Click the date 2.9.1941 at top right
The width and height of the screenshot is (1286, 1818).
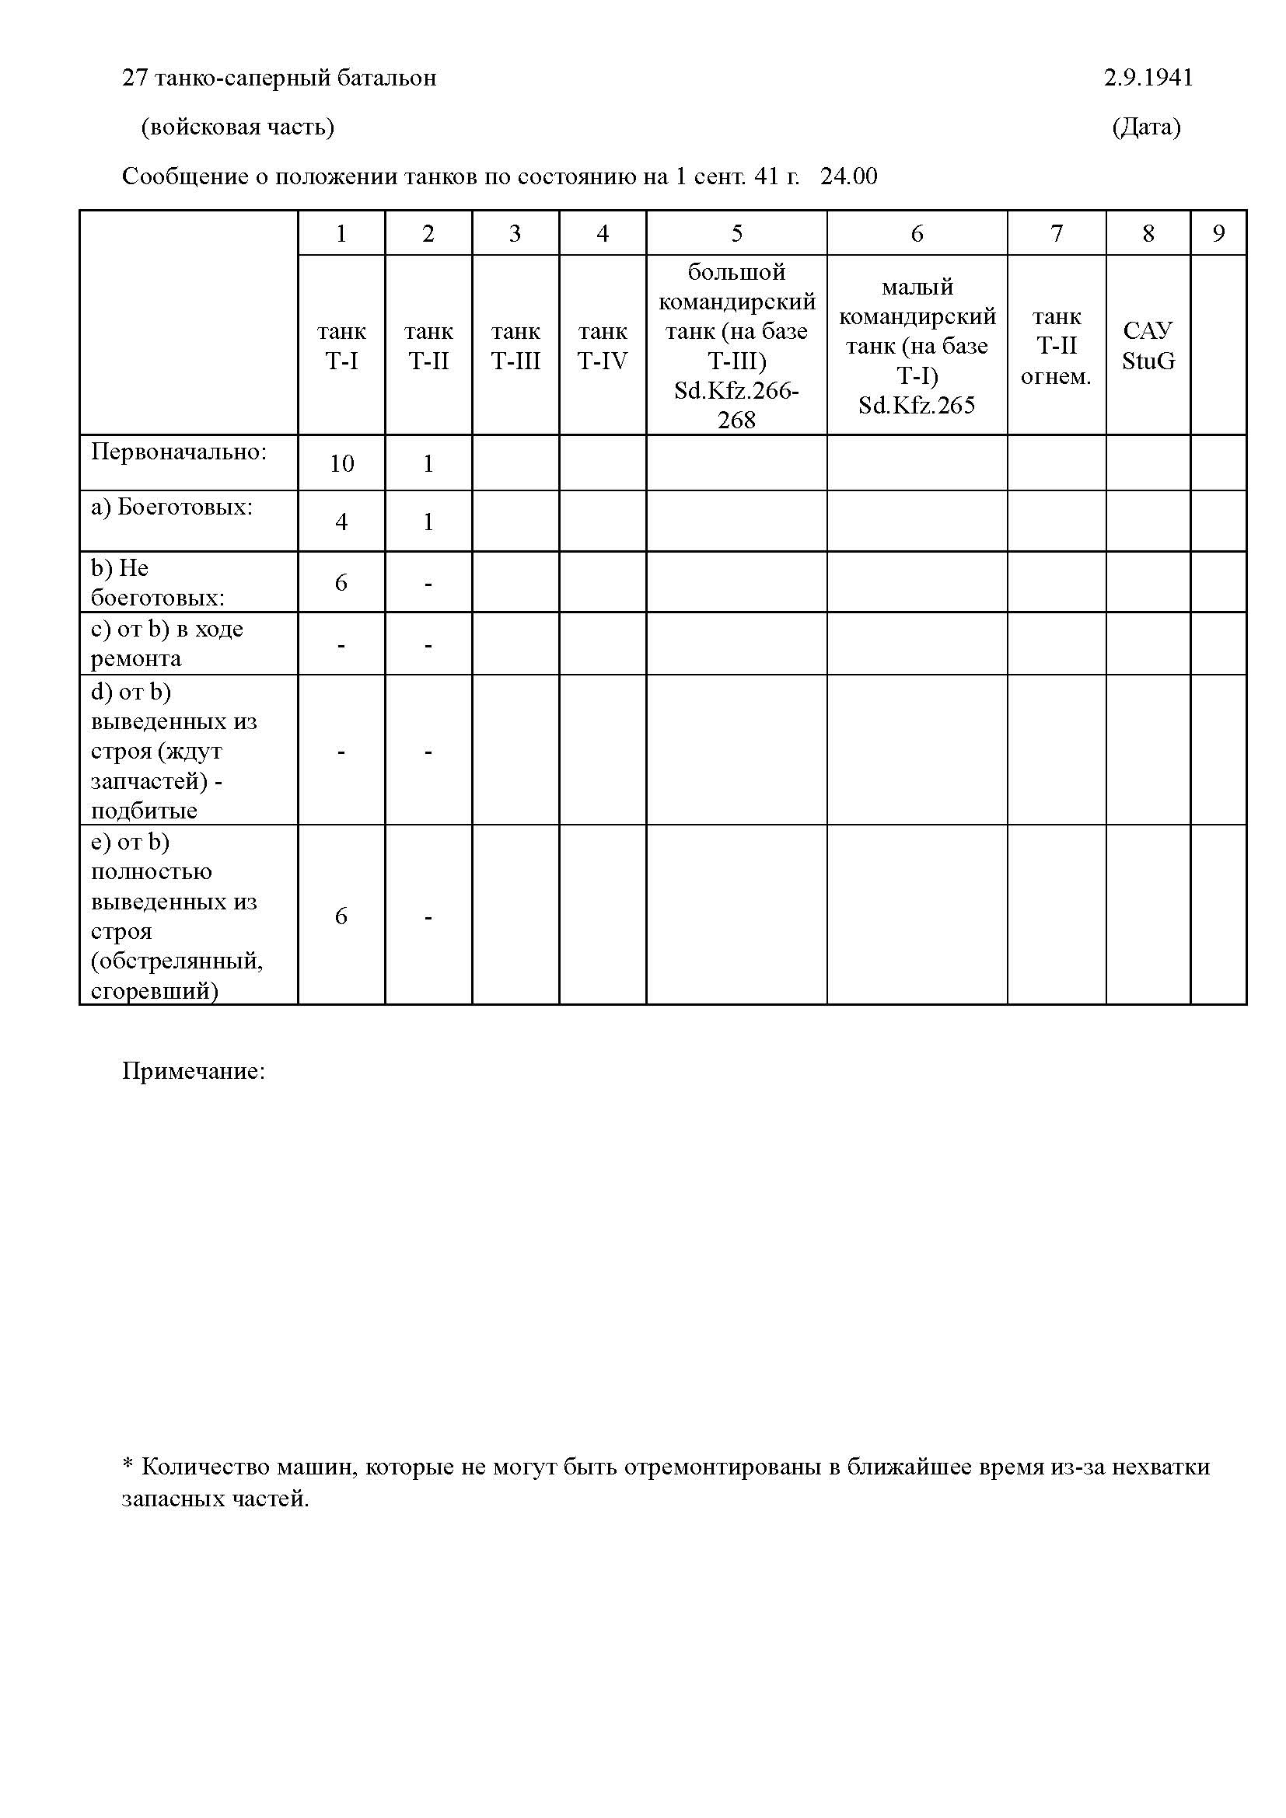pyautogui.click(x=1148, y=78)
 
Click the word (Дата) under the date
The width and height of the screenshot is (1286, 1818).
pyautogui.click(x=1146, y=127)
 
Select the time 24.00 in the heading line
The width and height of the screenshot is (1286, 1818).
pyautogui.click(x=849, y=176)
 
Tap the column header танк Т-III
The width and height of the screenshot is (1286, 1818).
pyautogui.click(x=515, y=346)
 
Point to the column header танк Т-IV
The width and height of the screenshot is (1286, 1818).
pyautogui.click(x=602, y=346)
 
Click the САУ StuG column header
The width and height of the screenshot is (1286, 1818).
pyautogui.click(x=1148, y=345)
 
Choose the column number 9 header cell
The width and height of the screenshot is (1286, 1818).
pyautogui.click(x=1218, y=233)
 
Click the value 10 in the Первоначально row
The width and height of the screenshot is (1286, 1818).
pyautogui.click(x=341, y=463)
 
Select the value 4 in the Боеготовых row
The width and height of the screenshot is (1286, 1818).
pyautogui.click(x=341, y=522)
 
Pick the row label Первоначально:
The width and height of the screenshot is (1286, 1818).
pyautogui.click(x=179, y=452)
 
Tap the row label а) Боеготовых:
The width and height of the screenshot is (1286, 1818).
pyautogui.click(x=172, y=507)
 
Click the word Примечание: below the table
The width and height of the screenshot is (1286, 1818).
pyautogui.click(x=194, y=1071)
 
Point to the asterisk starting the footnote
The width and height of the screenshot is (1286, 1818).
pyautogui.click(x=128, y=1467)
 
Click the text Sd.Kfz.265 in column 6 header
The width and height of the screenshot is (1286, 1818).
pyautogui.click(x=916, y=406)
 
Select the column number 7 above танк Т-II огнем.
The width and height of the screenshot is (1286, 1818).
pyautogui.click(x=1056, y=233)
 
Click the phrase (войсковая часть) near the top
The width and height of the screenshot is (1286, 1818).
pyautogui.click(x=238, y=127)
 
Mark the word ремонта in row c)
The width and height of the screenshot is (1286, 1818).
pyautogui.click(x=136, y=658)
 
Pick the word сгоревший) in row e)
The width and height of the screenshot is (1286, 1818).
pyautogui.click(x=155, y=990)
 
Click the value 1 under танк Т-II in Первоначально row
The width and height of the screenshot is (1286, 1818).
pyautogui.click(x=428, y=463)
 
